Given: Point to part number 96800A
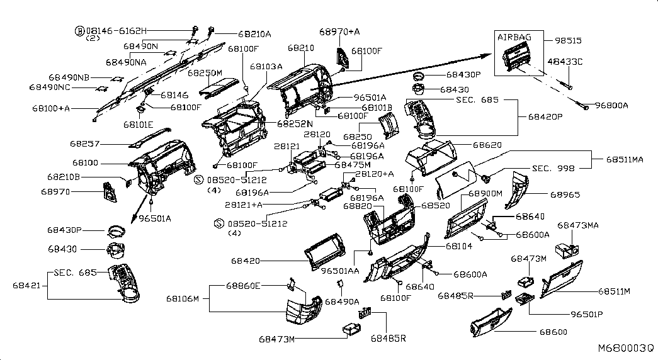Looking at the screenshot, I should tap(611, 106).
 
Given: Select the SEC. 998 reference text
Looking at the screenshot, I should tap(554, 169).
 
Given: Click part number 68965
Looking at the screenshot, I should tap(565, 195).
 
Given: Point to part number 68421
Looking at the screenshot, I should tap(26, 285).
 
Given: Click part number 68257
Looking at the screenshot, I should tap(85, 143).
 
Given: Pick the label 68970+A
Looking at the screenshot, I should tap(339, 31).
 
